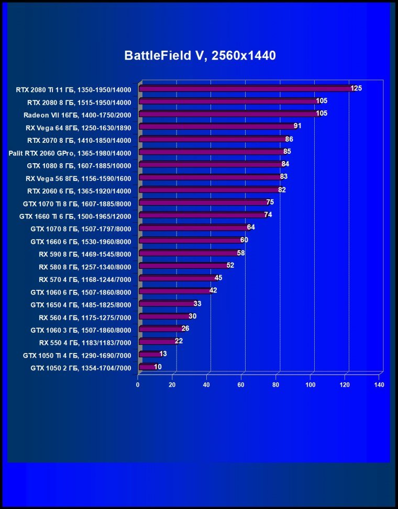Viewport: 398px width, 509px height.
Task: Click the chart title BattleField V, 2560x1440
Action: click(x=200, y=55)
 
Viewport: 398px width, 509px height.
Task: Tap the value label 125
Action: click(x=357, y=88)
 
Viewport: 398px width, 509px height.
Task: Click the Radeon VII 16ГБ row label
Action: click(x=77, y=114)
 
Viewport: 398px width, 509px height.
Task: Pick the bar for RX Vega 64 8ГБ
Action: click(x=217, y=126)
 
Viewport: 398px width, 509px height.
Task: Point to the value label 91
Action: click(x=297, y=126)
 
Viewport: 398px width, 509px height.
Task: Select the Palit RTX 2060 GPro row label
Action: click(x=70, y=152)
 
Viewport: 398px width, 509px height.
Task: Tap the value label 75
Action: click(x=270, y=202)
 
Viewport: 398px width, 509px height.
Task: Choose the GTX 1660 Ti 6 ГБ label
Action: click(x=75, y=216)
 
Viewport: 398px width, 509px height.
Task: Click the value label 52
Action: click(x=230, y=266)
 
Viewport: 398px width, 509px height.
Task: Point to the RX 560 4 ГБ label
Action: click(x=85, y=317)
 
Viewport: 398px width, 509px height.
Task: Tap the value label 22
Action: click(x=179, y=341)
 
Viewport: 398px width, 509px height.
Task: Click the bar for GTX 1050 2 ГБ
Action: click(x=148, y=367)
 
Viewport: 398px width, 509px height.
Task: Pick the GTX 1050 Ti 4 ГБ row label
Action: click(x=77, y=355)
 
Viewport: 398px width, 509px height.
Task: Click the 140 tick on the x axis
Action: click(x=379, y=385)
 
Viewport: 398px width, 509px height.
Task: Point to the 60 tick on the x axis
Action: click(x=241, y=385)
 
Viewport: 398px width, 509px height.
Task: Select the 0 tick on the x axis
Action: click(x=138, y=385)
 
